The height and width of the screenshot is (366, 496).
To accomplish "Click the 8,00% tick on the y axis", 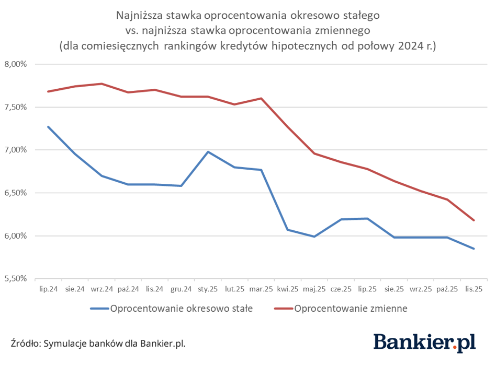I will (x=16, y=64).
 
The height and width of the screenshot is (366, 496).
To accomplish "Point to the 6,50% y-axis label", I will (x=16, y=193).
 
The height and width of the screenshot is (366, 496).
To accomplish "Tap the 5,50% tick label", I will (x=16, y=278).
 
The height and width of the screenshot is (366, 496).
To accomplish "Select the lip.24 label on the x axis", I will (x=48, y=288).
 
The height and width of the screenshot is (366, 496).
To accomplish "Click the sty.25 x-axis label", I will (x=208, y=288).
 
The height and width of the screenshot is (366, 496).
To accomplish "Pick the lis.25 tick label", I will (x=474, y=288).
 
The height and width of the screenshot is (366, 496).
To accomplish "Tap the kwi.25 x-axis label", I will (x=288, y=288).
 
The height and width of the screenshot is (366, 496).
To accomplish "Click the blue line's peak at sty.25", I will (x=208, y=152).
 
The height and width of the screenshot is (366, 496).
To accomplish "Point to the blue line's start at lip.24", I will (x=48, y=127).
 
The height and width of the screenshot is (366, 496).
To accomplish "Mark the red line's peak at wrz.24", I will (x=102, y=84).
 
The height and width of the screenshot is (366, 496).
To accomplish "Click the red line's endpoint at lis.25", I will (x=474, y=220).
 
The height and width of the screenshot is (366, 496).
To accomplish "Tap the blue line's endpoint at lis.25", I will (x=474, y=249).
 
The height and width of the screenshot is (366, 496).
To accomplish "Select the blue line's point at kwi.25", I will (x=288, y=230).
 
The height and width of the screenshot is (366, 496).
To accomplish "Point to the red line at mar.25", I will (x=261, y=98).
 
